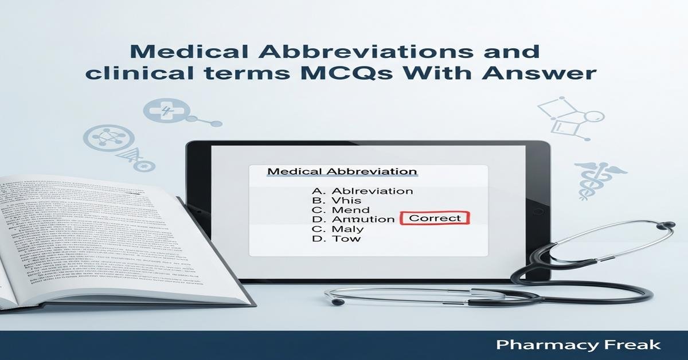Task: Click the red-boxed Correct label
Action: pos(435,218)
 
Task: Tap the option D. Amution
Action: pos(353,219)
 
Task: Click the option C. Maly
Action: pos(338,229)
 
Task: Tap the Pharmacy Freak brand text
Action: pos(578,345)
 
